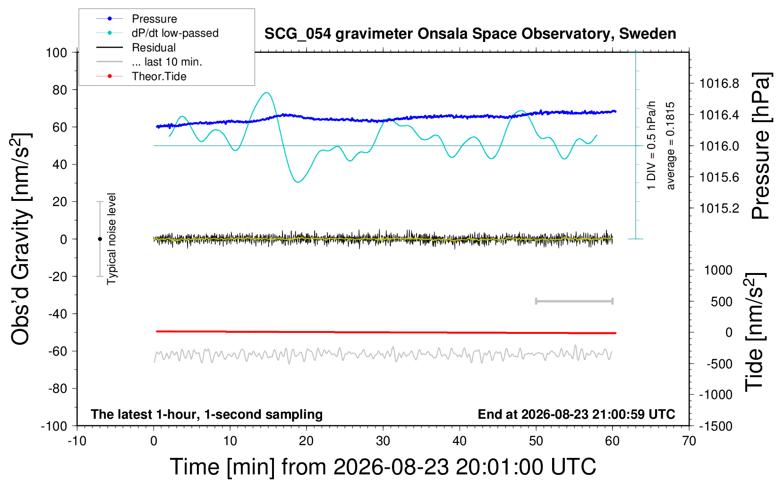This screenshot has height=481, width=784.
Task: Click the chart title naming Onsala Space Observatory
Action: coord(470,34)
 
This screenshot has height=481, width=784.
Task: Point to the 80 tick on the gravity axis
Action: coord(60,90)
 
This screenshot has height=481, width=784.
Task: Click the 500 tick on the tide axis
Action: coord(721,302)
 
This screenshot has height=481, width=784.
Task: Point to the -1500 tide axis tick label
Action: coord(716,426)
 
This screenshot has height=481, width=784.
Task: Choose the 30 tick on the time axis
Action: coord(383,441)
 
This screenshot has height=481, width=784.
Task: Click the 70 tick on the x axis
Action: coord(689,441)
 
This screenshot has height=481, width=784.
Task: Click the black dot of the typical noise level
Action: coord(100,239)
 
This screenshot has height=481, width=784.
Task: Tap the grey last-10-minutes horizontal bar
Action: coord(574,301)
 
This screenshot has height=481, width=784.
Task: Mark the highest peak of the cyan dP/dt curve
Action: coord(267,92)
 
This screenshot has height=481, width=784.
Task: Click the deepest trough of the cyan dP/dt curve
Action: coord(298,182)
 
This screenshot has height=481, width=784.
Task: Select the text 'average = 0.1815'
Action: coord(670,146)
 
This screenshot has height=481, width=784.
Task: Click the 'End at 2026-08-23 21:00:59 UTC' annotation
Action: coord(576,414)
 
